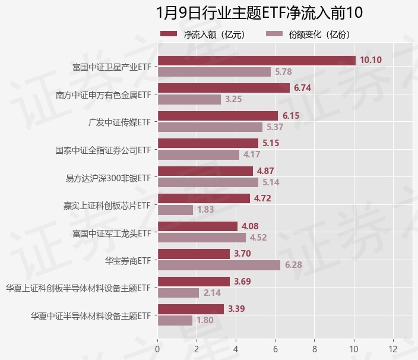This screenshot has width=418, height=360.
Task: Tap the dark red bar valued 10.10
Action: click(256, 60)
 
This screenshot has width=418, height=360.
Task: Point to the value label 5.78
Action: click(283, 72)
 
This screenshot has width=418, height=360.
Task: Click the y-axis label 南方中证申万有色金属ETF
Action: click(103, 94)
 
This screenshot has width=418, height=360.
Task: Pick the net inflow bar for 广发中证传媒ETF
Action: click(217, 115)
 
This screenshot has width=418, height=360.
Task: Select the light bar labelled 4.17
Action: click(198, 154)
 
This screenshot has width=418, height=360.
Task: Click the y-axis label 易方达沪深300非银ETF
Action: click(107, 177)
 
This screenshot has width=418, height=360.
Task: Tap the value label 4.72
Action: click(262, 198)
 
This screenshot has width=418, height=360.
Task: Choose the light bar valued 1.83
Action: click(175, 210)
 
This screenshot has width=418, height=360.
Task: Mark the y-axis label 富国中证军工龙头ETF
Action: click(111, 233)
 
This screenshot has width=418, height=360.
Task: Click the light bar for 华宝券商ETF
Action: click(218, 265)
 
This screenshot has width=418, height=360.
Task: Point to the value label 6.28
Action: click(293, 265)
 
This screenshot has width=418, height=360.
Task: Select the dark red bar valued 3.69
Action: click(194, 281)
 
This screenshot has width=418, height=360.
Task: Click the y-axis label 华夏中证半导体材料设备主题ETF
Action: click(91, 315)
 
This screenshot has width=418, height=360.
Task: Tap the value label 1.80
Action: click(205, 320)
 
